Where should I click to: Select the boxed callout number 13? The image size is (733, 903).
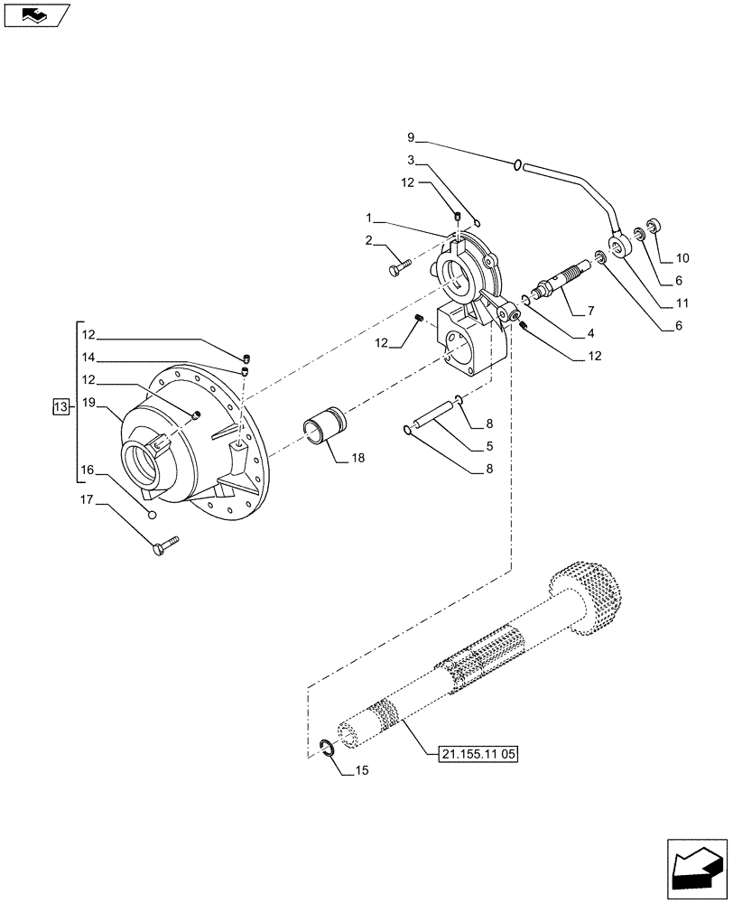tap(60, 408)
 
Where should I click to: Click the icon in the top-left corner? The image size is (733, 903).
tap(36, 15)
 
